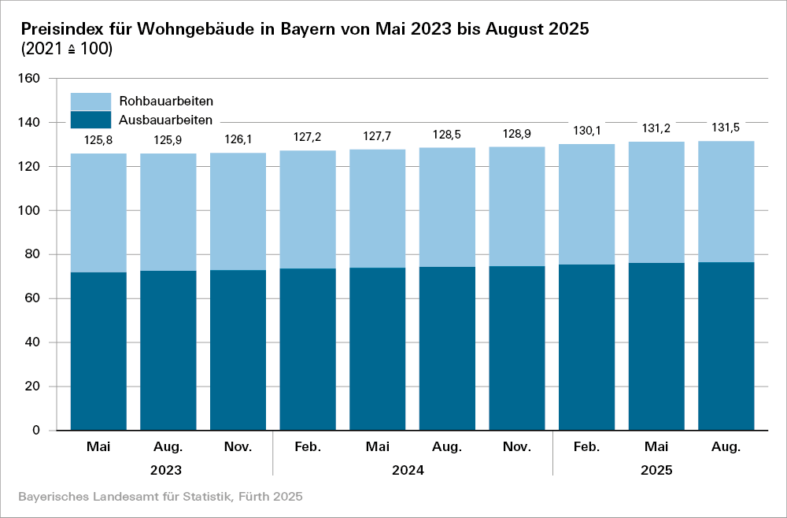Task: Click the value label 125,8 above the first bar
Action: tap(98, 140)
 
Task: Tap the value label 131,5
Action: tap(726, 128)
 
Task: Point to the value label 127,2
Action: tap(308, 137)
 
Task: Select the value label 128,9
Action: tap(516, 134)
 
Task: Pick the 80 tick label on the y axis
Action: tap(32, 254)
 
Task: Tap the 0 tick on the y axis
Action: tap(36, 431)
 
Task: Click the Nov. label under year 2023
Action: tap(238, 447)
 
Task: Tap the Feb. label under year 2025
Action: tap(586, 447)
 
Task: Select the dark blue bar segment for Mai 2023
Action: tap(98, 351)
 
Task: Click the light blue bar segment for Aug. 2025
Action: tap(726, 202)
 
